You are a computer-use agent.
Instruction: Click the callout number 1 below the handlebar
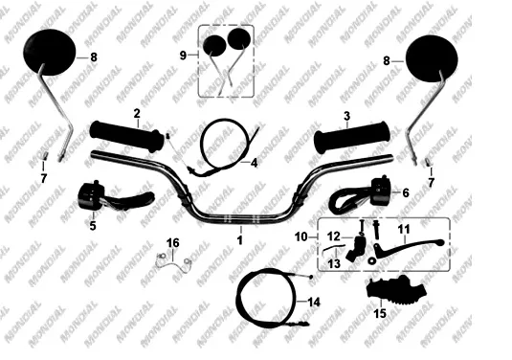(x=240, y=240)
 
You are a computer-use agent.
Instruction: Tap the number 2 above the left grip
(x=137, y=113)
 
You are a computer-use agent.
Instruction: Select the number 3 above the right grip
(x=346, y=116)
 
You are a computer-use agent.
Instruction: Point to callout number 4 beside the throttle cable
(x=254, y=163)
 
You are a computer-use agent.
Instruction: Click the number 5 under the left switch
(x=93, y=225)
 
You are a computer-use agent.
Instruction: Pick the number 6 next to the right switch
(x=406, y=192)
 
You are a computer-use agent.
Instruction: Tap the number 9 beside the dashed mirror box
(x=183, y=56)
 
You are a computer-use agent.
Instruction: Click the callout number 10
(x=301, y=236)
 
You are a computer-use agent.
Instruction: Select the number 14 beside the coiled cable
(x=314, y=303)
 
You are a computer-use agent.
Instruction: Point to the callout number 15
(x=380, y=314)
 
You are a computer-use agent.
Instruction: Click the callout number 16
(x=172, y=243)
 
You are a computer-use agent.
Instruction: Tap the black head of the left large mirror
(x=50, y=53)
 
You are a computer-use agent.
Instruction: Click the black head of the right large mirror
(x=432, y=58)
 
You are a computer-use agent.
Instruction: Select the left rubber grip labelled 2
(x=127, y=136)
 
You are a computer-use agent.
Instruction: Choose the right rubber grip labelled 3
(x=352, y=137)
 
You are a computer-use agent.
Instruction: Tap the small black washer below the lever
(x=371, y=261)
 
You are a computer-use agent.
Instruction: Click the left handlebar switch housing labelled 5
(x=91, y=195)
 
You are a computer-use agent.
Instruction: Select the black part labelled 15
(x=396, y=290)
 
